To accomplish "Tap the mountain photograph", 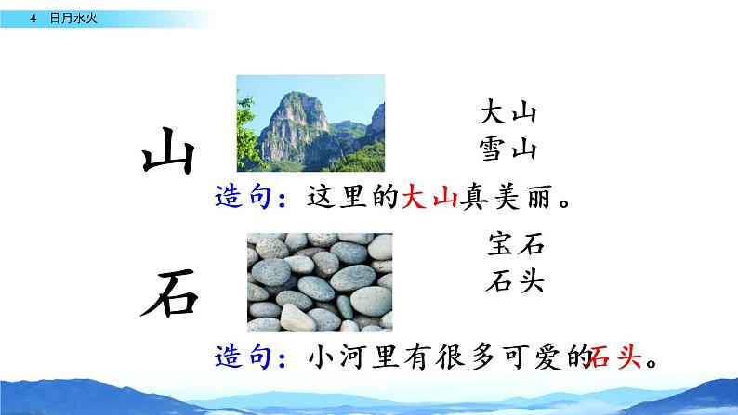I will [310, 120].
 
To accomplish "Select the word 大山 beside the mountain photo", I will [508, 114].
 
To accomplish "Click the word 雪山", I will [508, 148].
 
